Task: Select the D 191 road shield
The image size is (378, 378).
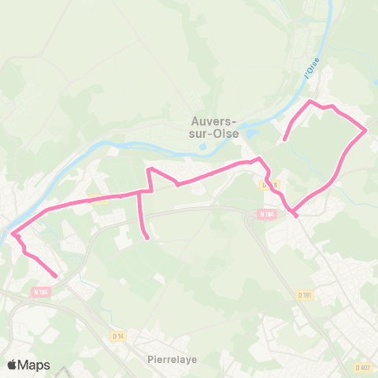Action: click(x=306, y=295)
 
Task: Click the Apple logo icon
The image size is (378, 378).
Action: click(x=13, y=365)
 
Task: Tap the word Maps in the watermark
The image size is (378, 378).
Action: click(x=35, y=365)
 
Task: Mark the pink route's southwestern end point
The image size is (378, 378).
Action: click(x=56, y=276)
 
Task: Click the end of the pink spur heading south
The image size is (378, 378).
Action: click(x=148, y=238)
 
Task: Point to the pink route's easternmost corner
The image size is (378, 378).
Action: click(x=366, y=130)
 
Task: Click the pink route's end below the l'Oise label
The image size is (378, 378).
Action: click(x=283, y=141)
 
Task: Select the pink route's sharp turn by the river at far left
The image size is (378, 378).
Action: click(x=13, y=233)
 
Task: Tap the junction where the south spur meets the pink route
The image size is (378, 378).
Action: click(x=140, y=191)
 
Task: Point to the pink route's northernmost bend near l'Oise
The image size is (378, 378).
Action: click(x=310, y=102)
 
